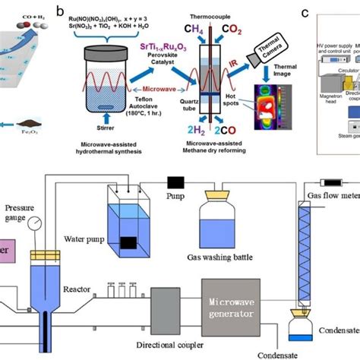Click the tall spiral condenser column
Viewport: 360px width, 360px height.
(x=308, y=242)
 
